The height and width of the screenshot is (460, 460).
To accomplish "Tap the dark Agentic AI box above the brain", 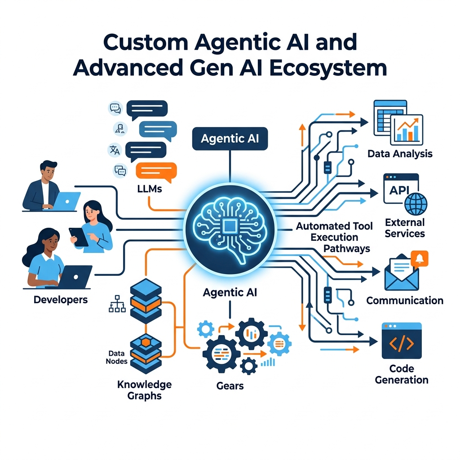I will [x=230, y=139].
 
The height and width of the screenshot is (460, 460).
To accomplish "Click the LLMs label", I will [x=150, y=189].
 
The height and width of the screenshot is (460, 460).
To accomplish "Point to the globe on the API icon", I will [x=416, y=203].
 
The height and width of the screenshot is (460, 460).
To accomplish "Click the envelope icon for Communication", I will [x=401, y=274].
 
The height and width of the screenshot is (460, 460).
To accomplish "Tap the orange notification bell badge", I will [x=420, y=259].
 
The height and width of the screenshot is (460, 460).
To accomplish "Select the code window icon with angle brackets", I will [x=401, y=341].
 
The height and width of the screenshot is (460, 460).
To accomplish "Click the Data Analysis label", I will [x=400, y=154].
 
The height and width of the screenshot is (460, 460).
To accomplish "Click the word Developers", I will [x=61, y=299].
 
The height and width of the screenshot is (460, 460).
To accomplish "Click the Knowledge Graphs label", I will [x=144, y=390].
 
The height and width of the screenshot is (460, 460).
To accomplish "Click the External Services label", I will [x=405, y=228].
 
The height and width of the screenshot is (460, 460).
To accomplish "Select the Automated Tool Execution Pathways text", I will [x=335, y=237].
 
